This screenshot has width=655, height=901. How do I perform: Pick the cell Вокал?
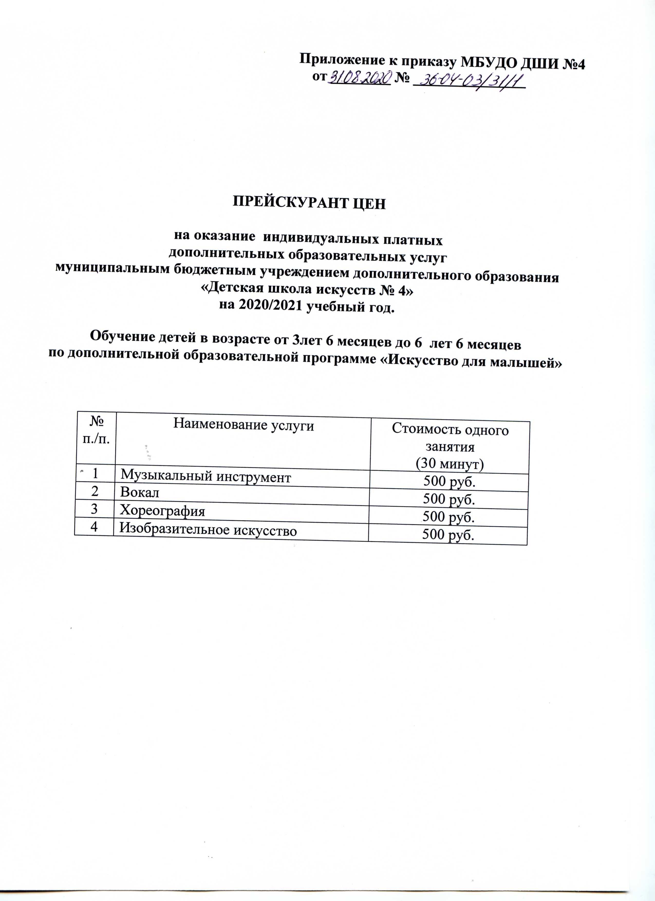click(140, 493)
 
